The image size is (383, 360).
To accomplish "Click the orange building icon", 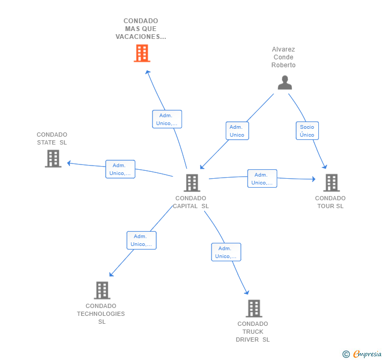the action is [x=142, y=53].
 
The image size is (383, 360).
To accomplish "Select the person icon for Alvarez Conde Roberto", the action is [x=285, y=83].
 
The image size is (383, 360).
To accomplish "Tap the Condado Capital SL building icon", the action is [x=192, y=183].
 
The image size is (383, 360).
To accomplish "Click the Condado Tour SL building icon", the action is [x=331, y=183].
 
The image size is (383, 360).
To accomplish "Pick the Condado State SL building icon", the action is [x=53, y=159].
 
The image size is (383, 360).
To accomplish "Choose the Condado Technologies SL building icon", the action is [x=102, y=291].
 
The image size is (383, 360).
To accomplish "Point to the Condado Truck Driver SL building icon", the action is [x=254, y=308].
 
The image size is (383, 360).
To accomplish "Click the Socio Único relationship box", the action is [x=307, y=130].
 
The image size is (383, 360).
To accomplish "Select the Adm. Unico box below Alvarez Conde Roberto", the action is [x=237, y=130].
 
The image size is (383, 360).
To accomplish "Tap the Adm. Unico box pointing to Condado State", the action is [x=120, y=169].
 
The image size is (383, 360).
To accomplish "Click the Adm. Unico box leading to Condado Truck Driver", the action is [x=226, y=252].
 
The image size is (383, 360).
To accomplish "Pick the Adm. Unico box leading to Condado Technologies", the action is [x=142, y=240].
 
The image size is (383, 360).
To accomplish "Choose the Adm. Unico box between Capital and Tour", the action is [x=262, y=178].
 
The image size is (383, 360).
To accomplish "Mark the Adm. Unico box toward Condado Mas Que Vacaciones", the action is [x=167, y=119].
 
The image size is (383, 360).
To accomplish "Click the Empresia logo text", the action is [x=367, y=354].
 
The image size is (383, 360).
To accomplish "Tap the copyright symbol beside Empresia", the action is [x=346, y=354].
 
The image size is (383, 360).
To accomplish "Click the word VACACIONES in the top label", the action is [x=140, y=37].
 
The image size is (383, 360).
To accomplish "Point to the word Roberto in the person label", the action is [x=284, y=65].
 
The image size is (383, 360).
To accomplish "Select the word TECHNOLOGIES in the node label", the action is [x=101, y=314].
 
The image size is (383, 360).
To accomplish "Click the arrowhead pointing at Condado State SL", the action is [x=69, y=163].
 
